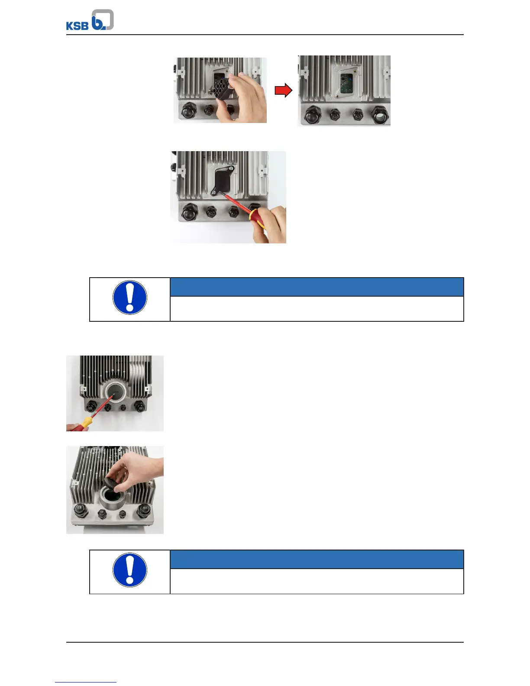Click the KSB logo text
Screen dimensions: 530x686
(x=77, y=26)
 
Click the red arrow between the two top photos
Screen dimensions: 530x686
(x=284, y=90)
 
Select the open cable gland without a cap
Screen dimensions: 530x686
(x=380, y=116)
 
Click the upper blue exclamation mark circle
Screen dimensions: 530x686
(x=130, y=298)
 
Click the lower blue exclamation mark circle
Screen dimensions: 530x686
(x=130, y=570)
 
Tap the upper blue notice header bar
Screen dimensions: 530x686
(x=317, y=287)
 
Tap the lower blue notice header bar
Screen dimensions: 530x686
(x=317, y=560)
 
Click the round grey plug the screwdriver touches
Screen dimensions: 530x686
(x=115, y=392)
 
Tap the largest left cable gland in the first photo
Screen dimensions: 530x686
(x=189, y=110)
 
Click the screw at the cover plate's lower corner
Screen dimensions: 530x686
(x=214, y=192)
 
